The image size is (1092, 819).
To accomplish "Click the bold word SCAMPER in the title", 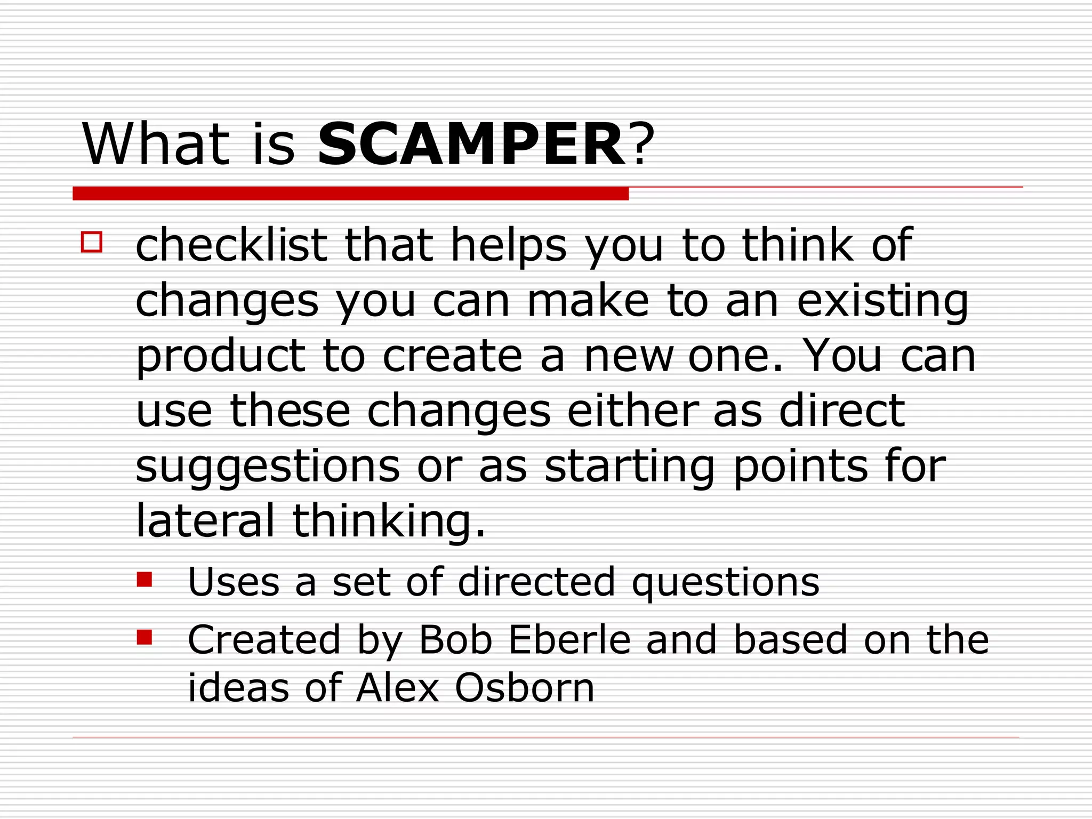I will tap(471, 144).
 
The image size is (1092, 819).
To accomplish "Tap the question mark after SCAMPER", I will tap(641, 144).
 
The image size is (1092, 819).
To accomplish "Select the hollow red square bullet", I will tap(92, 242).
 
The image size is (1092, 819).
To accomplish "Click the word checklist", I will tap(231, 246).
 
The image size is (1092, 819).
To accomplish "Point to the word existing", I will tap(882, 302).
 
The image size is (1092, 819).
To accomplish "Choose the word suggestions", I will tap(267, 467).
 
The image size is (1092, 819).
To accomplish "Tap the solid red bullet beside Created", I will tap(144, 637).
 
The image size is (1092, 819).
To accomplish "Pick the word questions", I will tap(725, 582).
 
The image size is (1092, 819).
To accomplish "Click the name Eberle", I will tap(569, 639).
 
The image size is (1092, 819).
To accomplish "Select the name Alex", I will tap(398, 687).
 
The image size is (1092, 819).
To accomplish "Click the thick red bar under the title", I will tap(350, 194).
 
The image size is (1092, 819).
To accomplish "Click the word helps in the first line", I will tap(508, 246).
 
